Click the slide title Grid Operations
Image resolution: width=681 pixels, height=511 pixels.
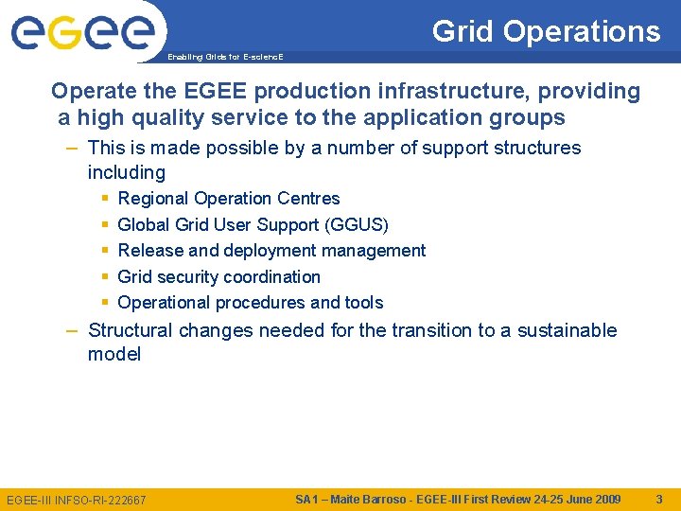point(546,31)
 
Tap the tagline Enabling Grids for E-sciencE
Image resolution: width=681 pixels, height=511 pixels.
point(224,57)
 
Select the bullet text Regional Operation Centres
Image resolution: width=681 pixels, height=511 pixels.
point(228,199)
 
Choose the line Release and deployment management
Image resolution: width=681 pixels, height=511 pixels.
point(271,251)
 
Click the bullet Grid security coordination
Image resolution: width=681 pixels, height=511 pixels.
point(218,277)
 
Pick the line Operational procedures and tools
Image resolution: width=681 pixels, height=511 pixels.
point(250,303)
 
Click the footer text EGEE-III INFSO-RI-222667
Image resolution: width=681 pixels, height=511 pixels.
point(77,500)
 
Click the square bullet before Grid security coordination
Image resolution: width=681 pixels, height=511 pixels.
point(105,277)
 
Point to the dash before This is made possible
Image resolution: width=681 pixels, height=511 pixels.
point(73,148)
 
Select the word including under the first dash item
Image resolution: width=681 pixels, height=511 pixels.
point(127,173)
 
